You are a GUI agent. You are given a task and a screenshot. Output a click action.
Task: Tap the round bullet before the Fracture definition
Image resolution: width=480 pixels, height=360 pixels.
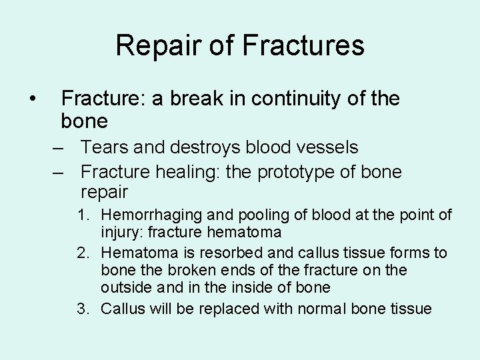pos(32,99)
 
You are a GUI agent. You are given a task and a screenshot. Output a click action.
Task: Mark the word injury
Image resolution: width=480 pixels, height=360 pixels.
pos(120,233)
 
